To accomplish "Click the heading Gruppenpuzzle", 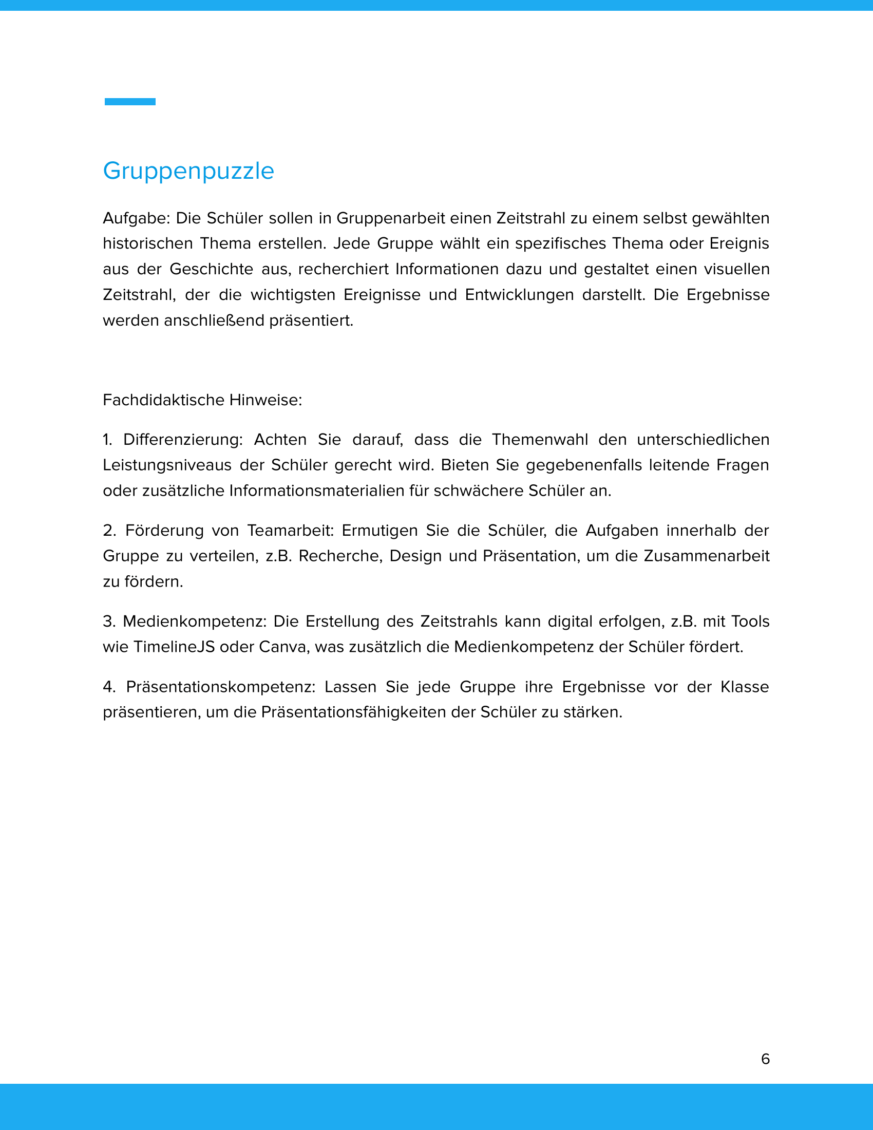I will coord(188,171).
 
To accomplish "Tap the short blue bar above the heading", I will coord(130,101).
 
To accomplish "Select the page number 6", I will coord(766,1059).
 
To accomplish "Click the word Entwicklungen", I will coord(519,295).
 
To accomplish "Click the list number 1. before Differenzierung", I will coord(107,440).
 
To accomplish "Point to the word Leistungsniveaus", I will coord(167,465).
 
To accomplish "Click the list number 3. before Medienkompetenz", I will coord(108,621).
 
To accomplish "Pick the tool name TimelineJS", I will coord(174,647).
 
